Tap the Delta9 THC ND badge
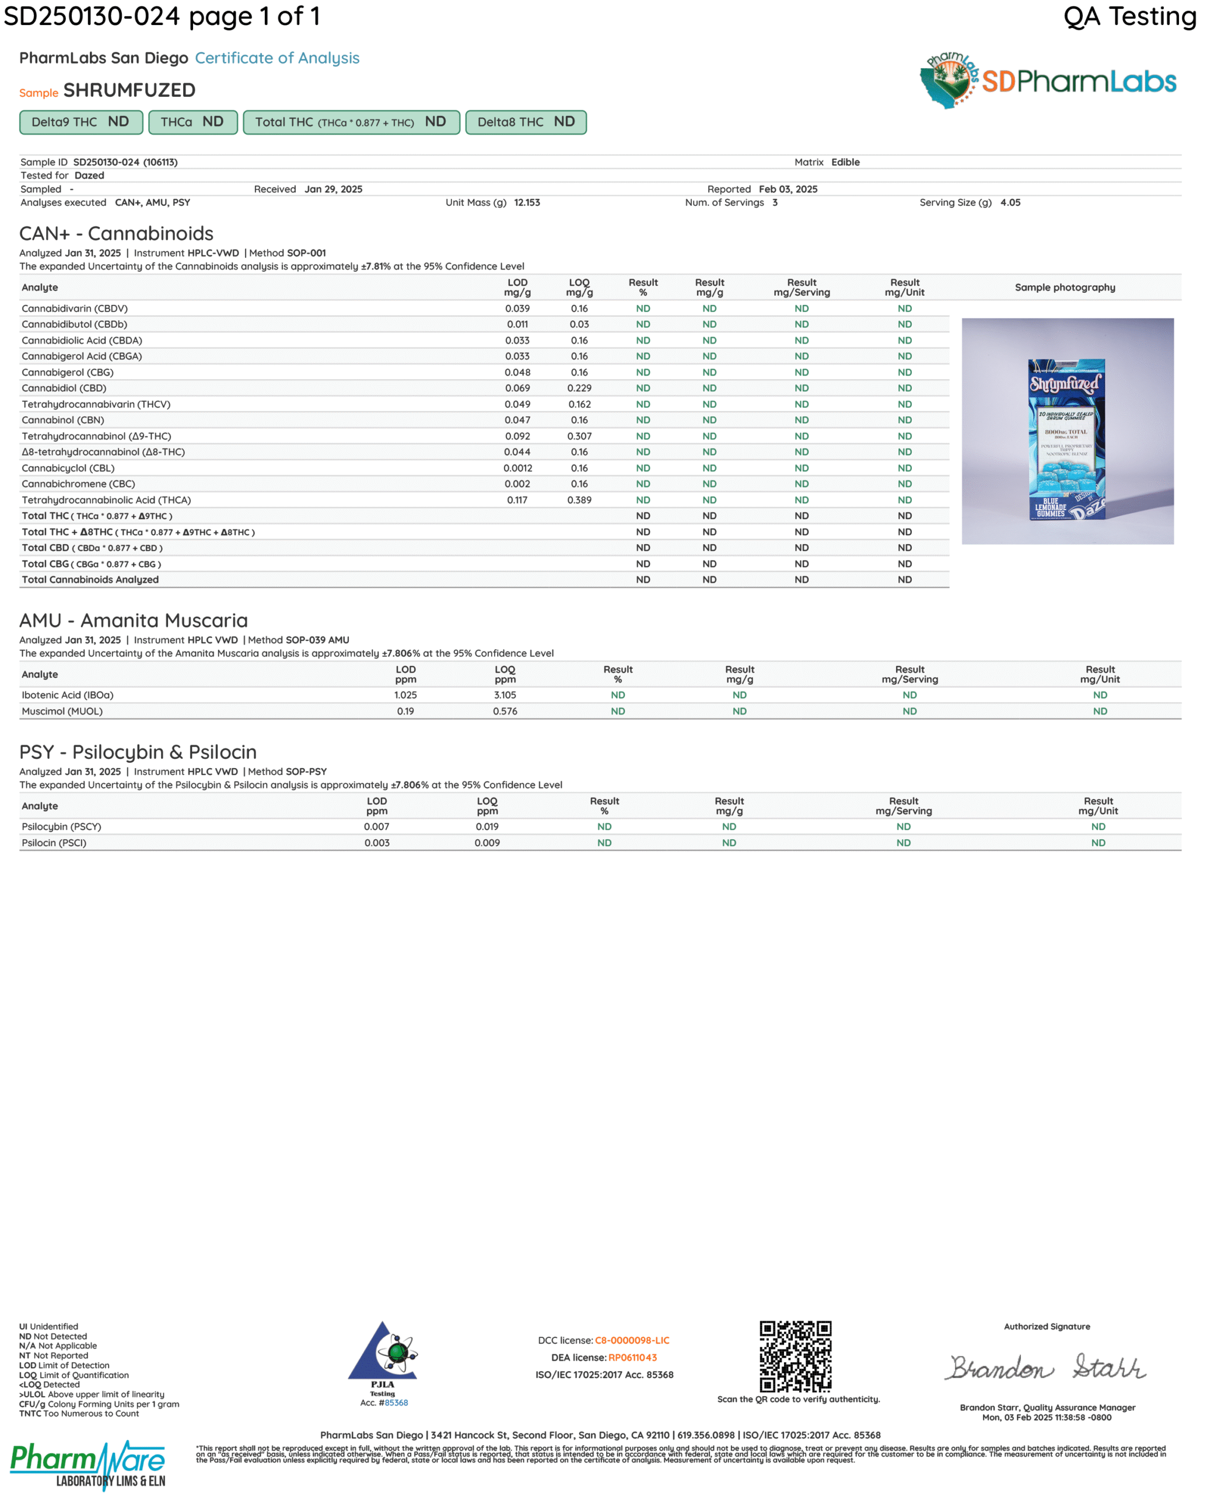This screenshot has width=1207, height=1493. point(81,122)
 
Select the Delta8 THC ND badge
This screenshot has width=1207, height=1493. point(526,122)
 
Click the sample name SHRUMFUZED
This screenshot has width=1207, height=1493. point(130,90)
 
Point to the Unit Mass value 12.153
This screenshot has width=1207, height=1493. point(527,203)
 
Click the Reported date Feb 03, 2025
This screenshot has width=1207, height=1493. point(788,189)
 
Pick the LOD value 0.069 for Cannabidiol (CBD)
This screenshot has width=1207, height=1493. point(517,388)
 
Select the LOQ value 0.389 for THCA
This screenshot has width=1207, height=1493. point(579,500)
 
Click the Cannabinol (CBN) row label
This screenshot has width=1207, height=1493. point(62,420)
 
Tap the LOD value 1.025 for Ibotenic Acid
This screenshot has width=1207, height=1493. point(405,695)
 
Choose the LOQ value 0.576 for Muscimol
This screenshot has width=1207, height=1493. point(505,712)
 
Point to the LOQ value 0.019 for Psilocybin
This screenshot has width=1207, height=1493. point(487,827)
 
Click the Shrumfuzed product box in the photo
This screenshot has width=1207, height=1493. point(1066,439)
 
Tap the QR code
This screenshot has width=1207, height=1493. point(795,1357)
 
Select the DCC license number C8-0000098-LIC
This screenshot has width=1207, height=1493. point(632,1341)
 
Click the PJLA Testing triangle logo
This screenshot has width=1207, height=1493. point(383,1352)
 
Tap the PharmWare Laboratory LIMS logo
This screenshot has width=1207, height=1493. point(88,1465)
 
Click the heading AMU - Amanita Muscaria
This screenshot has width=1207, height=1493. point(134,621)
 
